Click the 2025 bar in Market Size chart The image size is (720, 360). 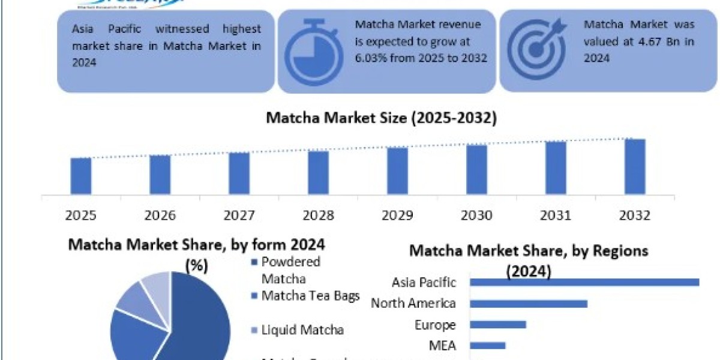pyautogui.click(x=81, y=176)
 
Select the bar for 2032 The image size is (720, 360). pyautogui.click(x=635, y=167)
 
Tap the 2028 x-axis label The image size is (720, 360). pyautogui.click(x=318, y=215)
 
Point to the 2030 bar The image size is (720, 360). pyautogui.click(x=476, y=170)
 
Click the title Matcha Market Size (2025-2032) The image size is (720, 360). pyautogui.click(x=381, y=119)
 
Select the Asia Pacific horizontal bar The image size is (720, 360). pyautogui.click(x=584, y=282)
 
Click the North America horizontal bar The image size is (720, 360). pyautogui.click(x=528, y=304)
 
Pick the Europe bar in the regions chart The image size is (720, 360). pyautogui.click(x=497, y=325)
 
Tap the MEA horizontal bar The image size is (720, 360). pyautogui.click(x=487, y=346)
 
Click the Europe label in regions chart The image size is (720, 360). pyautogui.click(x=435, y=325)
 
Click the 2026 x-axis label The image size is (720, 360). pyautogui.click(x=160, y=215)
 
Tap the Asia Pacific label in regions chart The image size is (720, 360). pyautogui.click(x=424, y=282)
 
